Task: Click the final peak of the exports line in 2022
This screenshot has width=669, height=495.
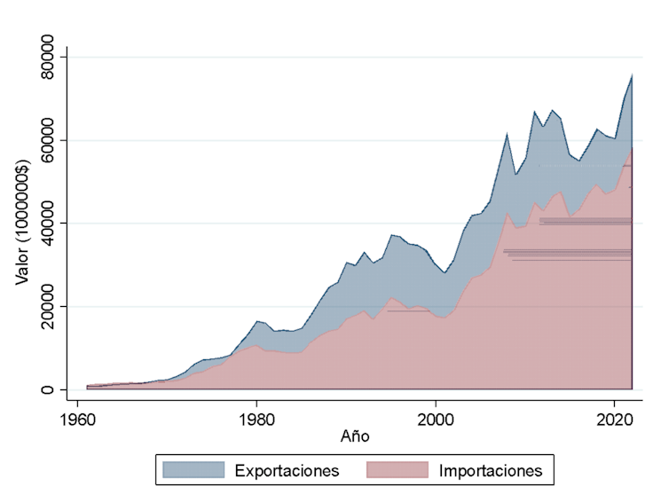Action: [x=632, y=74]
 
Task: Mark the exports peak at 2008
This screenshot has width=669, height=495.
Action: [x=507, y=133]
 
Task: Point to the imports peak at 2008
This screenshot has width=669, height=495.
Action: [x=507, y=212]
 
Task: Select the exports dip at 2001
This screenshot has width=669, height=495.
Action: [x=445, y=272]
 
